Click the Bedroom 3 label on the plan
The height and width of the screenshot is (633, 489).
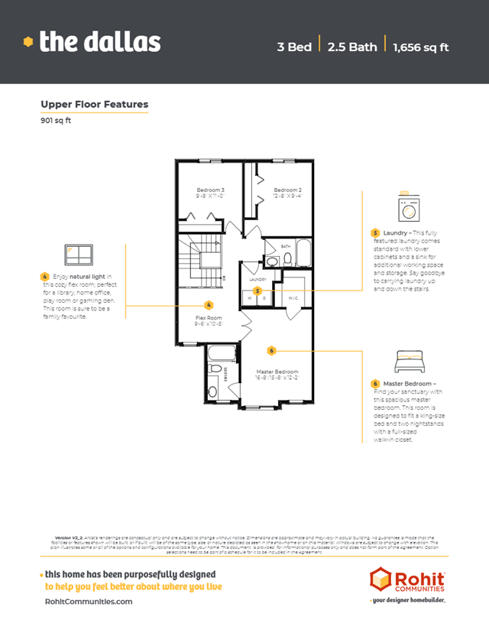pos(211,190)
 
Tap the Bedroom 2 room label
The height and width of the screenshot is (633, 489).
pos(288,190)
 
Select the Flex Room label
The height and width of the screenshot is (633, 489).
pos(209,317)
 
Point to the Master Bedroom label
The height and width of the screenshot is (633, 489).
pos(277,372)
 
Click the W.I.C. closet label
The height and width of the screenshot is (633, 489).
pos(293,297)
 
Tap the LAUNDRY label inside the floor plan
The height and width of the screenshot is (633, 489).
pos(257,280)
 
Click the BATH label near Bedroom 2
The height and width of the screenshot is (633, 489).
pos(287,246)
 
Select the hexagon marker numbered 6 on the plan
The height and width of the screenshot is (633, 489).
pos(271,349)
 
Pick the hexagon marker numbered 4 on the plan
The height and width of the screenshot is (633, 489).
pos(209,304)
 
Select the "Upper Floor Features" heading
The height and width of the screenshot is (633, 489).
pos(94,105)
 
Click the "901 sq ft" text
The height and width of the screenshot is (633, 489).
pos(55,120)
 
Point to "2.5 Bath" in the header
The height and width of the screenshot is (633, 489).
pos(352,47)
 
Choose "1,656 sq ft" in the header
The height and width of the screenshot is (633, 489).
pos(420,47)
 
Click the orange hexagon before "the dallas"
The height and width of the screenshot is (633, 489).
pos(28,41)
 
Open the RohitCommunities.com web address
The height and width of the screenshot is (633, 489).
pos(89,601)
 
